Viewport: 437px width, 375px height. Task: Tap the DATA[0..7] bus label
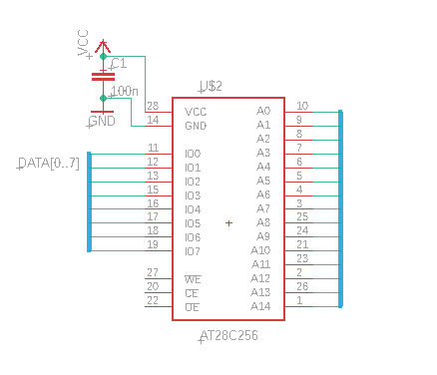[x=49, y=163]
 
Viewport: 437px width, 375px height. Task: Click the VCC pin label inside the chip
[x=196, y=112]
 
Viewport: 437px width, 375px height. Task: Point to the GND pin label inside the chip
[x=196, y=126]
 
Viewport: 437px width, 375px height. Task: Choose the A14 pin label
[x=260, y=306]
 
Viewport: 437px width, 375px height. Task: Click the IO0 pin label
[x=193, y=154]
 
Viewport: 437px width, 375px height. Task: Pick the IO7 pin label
[x=193, y=251]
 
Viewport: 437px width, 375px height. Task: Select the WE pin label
[x=193, y=279]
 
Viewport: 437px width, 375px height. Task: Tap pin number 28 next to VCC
[x=153, y=106]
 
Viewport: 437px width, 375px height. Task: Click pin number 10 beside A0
[x=301, y=105]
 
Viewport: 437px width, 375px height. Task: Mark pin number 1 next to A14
[x=299, y=300]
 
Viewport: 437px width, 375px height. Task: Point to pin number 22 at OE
[x=153, y=300]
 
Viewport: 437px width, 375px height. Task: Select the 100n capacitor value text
[x=124, y=91]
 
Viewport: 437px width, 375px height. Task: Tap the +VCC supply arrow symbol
[x=103, y=46]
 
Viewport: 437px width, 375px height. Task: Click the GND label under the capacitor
[x=102, y=121]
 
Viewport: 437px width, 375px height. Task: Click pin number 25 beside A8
[x=301, y=216]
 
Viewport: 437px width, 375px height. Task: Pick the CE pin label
[x=193, y=293]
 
